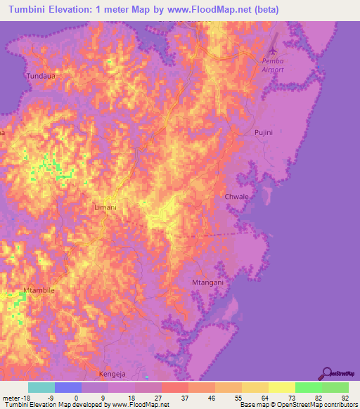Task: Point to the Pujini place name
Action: click(x=262, y=131)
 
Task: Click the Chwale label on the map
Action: click(x=236, y=197)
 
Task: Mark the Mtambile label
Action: click(x=39, y=290)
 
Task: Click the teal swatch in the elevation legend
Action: click(x=41, y=387)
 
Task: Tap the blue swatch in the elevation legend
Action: click(x=68, y=387)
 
